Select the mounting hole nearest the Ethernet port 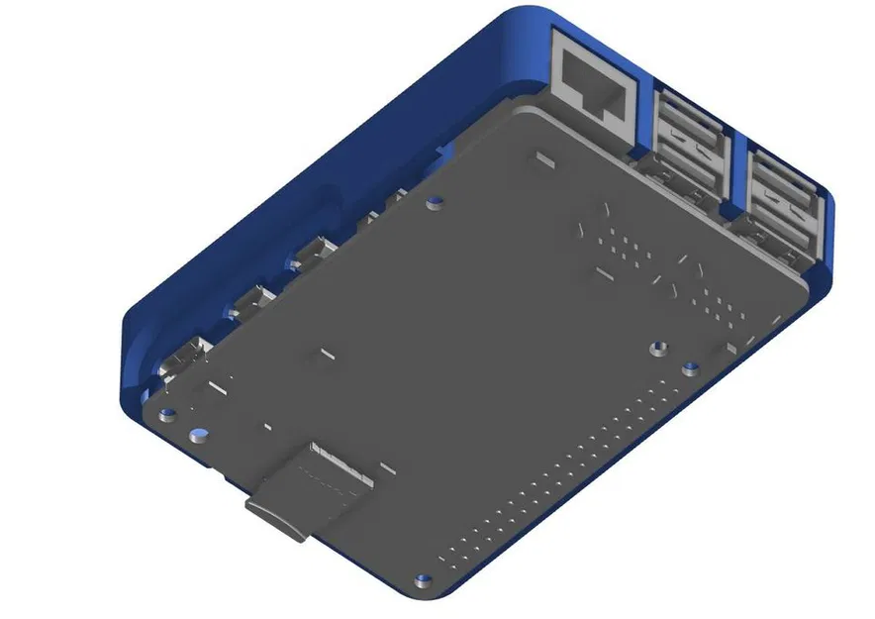point(433,205)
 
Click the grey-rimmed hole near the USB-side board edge point(655,349)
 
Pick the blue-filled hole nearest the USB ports point(690,370)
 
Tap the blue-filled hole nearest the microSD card point(199,434)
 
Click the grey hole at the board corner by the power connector point(168,412)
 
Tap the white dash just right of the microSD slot point(390,468)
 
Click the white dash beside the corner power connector point(217,389)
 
